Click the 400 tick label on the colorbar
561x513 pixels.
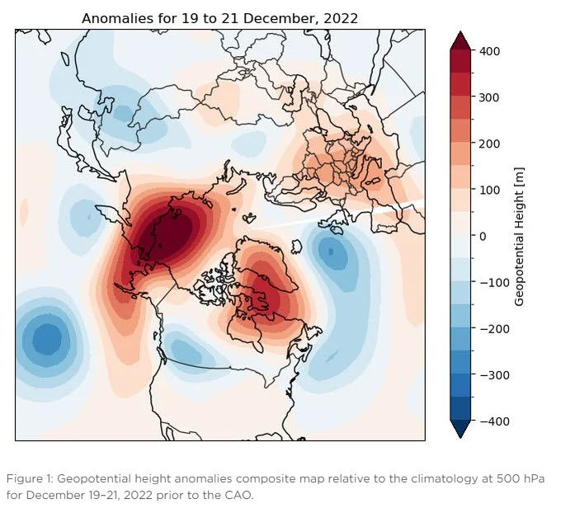489,51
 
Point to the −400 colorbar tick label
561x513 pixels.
494,421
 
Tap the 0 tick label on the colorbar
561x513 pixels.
483,236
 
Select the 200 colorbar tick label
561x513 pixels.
489,144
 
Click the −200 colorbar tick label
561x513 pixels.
494,329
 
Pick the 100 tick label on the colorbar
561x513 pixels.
489,190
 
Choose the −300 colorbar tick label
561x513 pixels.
494,375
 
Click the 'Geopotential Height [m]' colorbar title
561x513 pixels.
519,237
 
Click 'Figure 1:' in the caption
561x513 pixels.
30,478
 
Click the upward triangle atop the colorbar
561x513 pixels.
460,40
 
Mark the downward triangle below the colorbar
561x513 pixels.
460,429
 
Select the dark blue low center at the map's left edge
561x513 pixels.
47,339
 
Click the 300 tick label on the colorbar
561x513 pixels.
489,97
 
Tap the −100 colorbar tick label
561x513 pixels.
494,283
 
